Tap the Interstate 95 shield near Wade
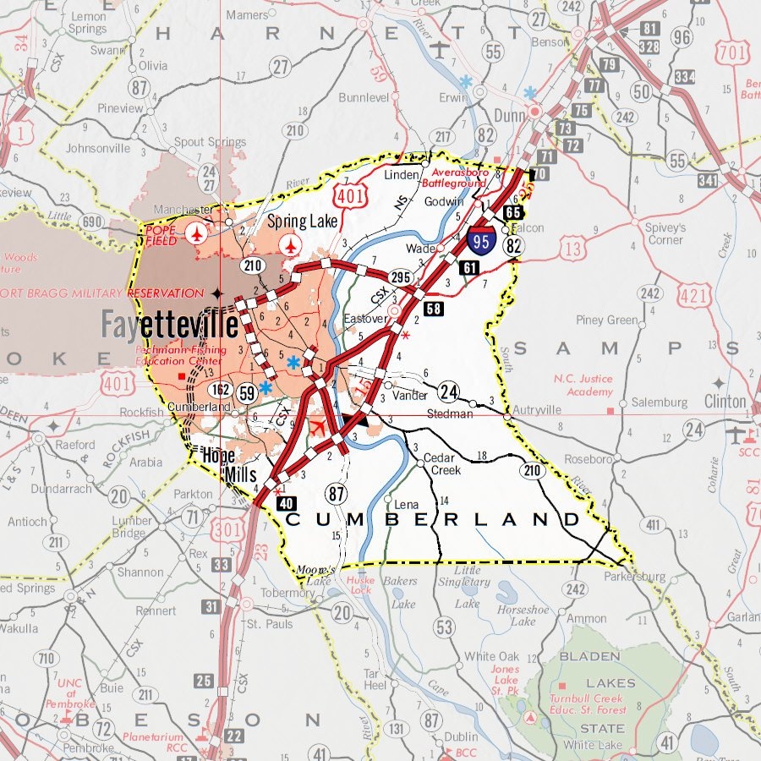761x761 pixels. click(x=482, y=243)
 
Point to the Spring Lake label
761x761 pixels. click(x=302, y=222)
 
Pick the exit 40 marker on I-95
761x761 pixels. click(x=285, y=504)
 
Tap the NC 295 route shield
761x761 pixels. click(x=400, y=277)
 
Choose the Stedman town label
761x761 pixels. click(x=449, y=413)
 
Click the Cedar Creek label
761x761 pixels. click(x=441, y=463)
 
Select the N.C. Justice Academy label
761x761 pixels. click(x=583, y=385)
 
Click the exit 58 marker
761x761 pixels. click(x=433, y=309)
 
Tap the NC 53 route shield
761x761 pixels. click(x=444, y=627)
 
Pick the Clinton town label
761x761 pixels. click(x=725, y=401)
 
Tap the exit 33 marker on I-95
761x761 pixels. click(x=222, y=565)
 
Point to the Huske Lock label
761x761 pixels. click(x=360, y=585)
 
